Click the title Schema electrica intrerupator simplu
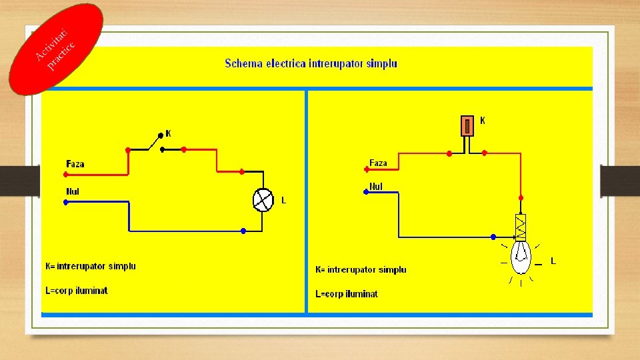(x=311, y=64)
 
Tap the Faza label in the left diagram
(x=75, y=164)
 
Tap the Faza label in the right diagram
(x=378, y=163)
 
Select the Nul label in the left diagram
(x=73, y=191)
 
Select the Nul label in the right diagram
(x=376, y=187)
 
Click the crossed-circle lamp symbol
(x=262, y=199)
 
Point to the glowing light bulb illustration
(x=521, y=257)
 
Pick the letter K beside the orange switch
(x=483, y=121)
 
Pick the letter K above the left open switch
(x=168, y=133)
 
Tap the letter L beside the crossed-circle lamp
(x=283, y=199)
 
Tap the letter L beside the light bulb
(x=553, y=260)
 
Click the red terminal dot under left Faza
(x=65, y=175)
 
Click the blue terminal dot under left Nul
(x=65, y=202)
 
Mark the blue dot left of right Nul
(x=365, y=192)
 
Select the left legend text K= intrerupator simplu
(x=91, y=266)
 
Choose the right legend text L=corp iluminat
(x=347, y=294)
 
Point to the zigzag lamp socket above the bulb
(x=521, y=227)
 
